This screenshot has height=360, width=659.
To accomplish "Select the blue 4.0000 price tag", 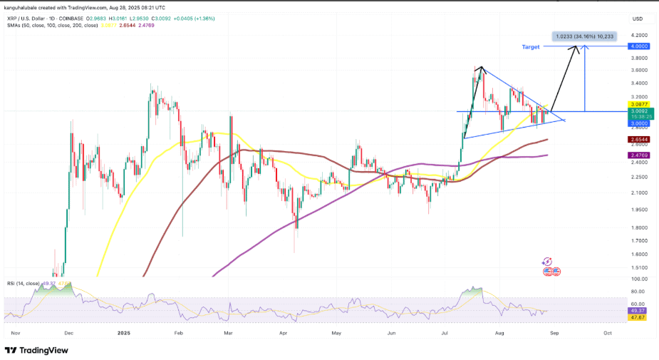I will (638, 46).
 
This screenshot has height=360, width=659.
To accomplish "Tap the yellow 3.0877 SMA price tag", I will (638, 104).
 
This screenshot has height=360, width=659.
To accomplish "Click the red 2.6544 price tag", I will (638, 139).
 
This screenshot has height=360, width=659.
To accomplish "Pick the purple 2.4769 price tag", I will (638, 155).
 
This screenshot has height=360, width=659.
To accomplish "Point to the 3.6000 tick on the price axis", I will (638, 70).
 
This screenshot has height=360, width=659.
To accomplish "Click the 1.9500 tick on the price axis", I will (638, 210).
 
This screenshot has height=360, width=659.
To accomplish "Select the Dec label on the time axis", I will (69, 333).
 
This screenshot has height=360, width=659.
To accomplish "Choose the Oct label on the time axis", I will (607, 333).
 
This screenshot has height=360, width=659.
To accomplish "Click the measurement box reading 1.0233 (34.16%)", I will (583, 36).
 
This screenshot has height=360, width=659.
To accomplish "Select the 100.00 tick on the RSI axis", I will (638, 279).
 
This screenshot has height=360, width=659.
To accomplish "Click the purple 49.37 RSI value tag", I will (638, 311).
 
